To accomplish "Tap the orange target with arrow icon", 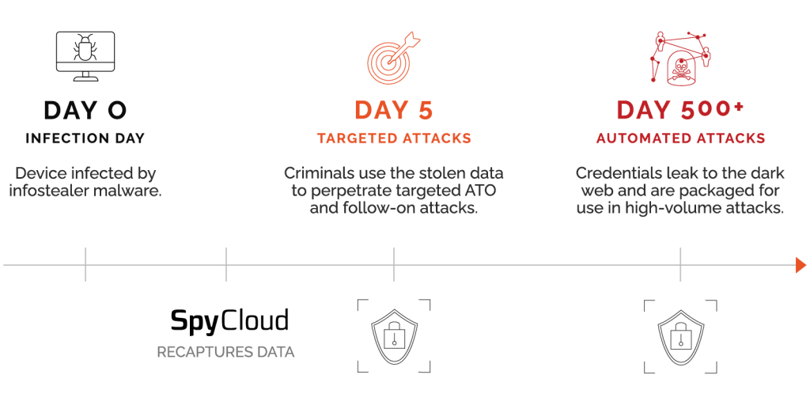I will (392, 56).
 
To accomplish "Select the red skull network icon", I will (680, 57).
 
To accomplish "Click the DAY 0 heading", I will (85, 110).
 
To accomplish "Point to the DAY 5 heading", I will (394, 110).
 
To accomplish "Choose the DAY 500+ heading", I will (680, 110).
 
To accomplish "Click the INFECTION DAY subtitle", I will (85, 138).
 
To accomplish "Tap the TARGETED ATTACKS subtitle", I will (394, 138).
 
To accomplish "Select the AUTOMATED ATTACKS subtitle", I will (680, 138).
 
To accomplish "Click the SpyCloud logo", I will (229, 320).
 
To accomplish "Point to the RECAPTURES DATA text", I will (225, 352).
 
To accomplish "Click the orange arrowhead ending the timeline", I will (801, 265).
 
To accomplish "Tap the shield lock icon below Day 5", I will (393, 335).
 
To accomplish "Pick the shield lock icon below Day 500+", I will (680, 335).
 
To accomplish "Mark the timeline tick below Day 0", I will (85, 264).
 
